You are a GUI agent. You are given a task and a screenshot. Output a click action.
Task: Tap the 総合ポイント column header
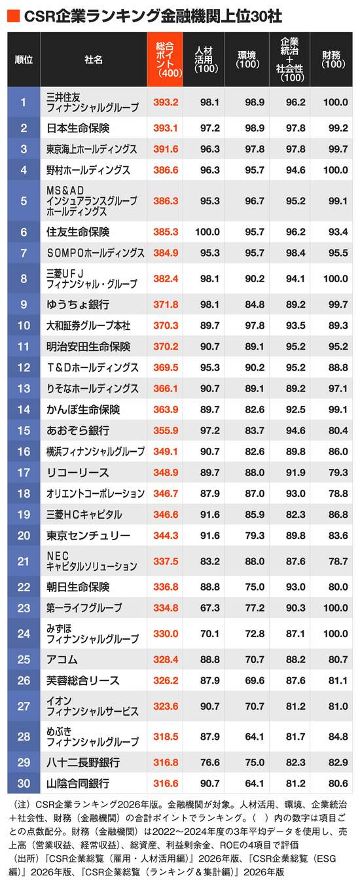[165, 60]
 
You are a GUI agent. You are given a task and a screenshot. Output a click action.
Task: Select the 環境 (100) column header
[247, 60]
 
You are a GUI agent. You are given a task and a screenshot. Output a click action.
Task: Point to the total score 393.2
[166, 102]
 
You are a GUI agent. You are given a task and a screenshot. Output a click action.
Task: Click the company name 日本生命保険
[78, 128]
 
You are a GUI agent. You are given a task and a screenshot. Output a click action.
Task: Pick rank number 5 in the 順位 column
[24, 201]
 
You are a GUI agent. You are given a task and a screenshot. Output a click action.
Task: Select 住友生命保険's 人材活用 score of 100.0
[207, 232]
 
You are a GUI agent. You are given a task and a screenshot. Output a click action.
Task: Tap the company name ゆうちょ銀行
[78, 304]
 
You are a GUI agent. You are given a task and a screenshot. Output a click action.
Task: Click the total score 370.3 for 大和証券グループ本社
[166, 325]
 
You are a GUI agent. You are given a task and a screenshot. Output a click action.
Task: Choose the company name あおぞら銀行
[78, 431]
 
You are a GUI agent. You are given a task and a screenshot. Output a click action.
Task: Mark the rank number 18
[24, 493]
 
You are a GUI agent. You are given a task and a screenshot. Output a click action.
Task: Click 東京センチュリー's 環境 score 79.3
[255, 536]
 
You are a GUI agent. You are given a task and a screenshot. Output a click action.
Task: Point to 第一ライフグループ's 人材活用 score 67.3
[209, 608]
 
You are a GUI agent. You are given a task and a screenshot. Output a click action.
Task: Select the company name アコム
[62, 659]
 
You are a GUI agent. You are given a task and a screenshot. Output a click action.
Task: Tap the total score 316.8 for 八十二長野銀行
[166, 763]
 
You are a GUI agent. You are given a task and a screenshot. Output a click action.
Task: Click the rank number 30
[24, 784]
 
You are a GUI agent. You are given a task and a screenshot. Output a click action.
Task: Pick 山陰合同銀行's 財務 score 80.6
[338, 784]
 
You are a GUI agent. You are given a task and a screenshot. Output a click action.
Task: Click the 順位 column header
[24, 60]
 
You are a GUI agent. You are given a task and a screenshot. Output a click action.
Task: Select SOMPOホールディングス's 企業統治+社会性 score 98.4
[295, 253]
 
